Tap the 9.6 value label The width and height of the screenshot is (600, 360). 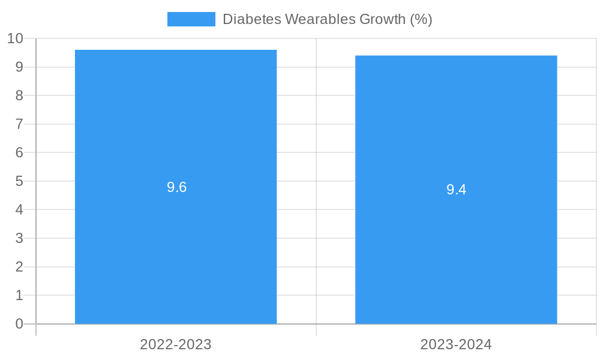click(x=176, y=187)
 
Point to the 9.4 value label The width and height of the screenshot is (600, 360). click(x=456, y=190)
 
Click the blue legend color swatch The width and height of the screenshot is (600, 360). click(x=191, y=19)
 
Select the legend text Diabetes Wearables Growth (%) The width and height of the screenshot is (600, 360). click(x=327, y=19)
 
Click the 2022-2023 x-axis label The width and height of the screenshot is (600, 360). click(x=176, y=344)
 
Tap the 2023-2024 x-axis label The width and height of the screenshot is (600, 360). click(x=456, y=344)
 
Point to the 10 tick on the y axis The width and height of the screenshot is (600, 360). click(x=15, y=38)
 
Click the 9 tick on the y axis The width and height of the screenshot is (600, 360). click(x=19, y=67)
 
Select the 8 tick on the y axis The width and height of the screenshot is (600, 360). click(x=19, y=95)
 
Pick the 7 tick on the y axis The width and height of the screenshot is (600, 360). click(x=19, y=124)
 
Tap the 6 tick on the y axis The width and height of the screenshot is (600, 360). click(x=19, y=152)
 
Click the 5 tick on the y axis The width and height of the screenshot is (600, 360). click(x=19, y=181)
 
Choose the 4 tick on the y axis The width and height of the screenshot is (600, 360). click(x=19, y=210)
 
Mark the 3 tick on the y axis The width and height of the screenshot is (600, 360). click(x=19, y=238)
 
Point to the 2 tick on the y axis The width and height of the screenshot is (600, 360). click(x=19, y=267)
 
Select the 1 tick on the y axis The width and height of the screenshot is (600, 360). click(x=19, y=295)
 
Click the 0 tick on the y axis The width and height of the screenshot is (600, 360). click(x=19, y=324)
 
